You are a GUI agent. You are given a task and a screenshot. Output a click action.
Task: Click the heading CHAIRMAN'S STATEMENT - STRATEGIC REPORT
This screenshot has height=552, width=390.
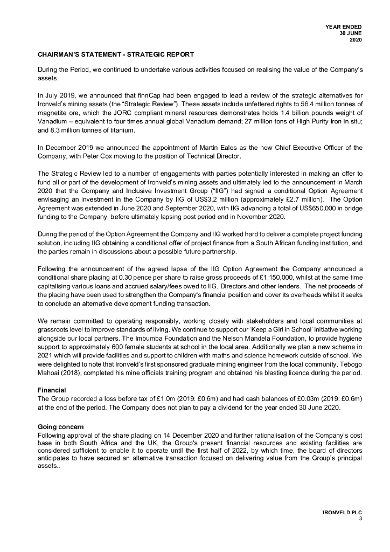click(x=116, y=55)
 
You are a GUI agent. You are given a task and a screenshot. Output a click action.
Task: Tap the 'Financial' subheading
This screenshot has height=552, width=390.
click(x=52, y=389)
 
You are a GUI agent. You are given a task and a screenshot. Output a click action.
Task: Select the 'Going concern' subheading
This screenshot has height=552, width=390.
click(x=60, y=427)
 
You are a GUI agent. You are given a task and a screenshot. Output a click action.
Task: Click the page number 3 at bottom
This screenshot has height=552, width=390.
click(x=360, y=519)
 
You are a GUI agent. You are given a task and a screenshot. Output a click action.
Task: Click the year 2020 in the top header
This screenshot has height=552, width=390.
click(x=356, y=39)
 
